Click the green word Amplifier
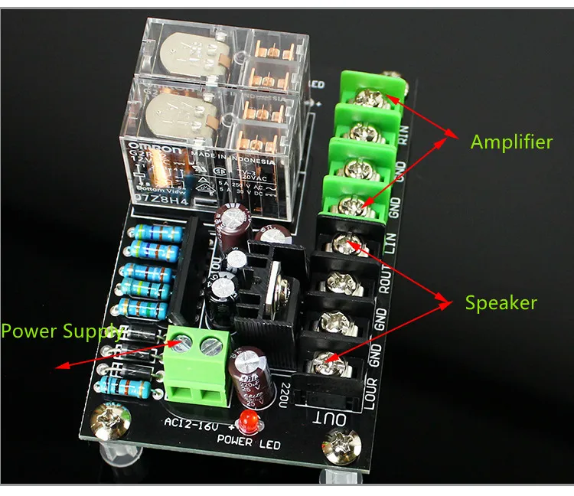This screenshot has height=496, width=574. [511, 142]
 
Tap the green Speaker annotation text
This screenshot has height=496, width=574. [501, 302]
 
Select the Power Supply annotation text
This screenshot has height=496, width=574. [60, 331]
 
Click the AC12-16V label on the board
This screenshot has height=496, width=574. [197, 424]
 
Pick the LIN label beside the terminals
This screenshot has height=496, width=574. [389, 243]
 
